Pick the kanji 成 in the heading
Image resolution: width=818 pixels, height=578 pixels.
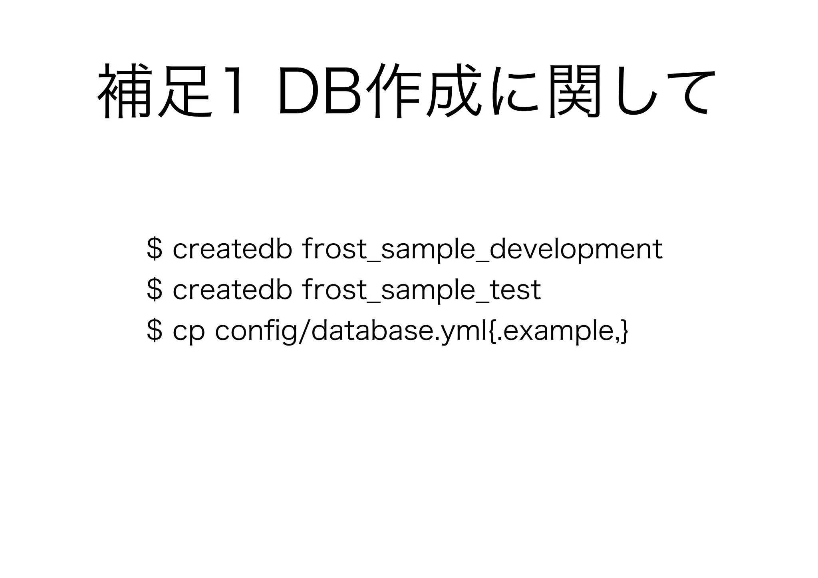click(x=451, y=91)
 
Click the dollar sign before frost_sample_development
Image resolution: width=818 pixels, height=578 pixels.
click(x=155, y=248)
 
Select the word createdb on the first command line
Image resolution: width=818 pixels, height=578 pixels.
click(x=232, y=248)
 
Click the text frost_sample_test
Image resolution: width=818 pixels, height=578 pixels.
click(x=422, y=290)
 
